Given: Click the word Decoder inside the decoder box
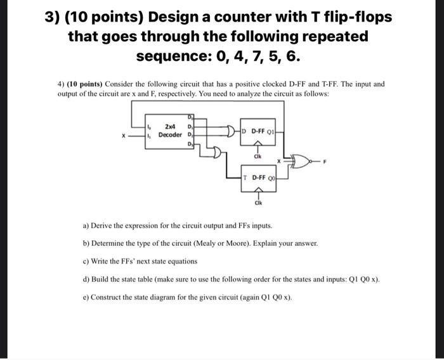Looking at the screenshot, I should click(x=170, y=135).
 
